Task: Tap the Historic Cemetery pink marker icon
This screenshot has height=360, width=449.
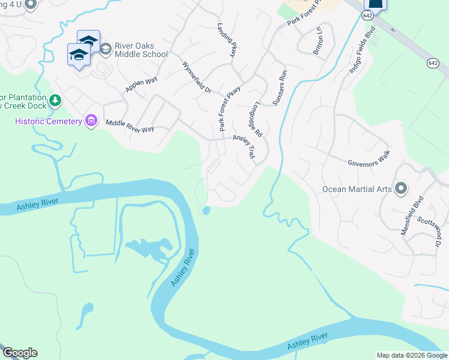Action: [x=91, y=121]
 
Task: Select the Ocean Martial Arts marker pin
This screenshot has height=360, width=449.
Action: [x=402, y=189]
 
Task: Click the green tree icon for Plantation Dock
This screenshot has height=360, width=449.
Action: [x=55, y=100]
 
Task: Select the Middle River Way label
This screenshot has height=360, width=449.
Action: [x=130, y=125]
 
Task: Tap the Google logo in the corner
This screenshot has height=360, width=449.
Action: [x=19, y=353]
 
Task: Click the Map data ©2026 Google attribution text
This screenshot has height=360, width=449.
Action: [x=411, y=355]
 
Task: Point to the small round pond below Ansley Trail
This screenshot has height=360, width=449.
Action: [x=206, y=211]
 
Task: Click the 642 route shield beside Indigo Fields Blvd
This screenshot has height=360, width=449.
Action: [x=433, y=62]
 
